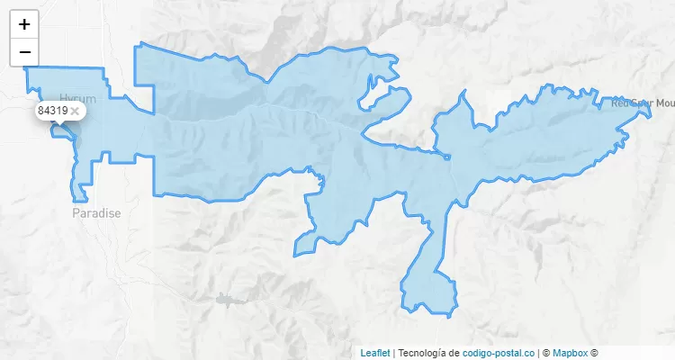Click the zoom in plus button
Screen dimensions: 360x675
pos(24,24)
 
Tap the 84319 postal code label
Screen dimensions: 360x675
pos(52,111)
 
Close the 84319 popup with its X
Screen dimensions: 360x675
pos(76,111)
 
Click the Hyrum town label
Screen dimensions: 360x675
pos(76,97)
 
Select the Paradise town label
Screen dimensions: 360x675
pos(96,213)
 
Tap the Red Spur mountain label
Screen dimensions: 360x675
pos(642,103)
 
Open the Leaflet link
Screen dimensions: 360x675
pos(375,353)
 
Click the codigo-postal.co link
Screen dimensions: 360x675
pos(499,353)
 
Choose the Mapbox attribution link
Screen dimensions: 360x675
pos(571,353)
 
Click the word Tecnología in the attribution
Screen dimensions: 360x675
pos(427,353)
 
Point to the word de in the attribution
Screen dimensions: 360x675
pos(454,353)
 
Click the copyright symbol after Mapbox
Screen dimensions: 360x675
pos(594,353)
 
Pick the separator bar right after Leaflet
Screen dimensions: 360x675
pos(394,353)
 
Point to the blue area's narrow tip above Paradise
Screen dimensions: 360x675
pos(82,193)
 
